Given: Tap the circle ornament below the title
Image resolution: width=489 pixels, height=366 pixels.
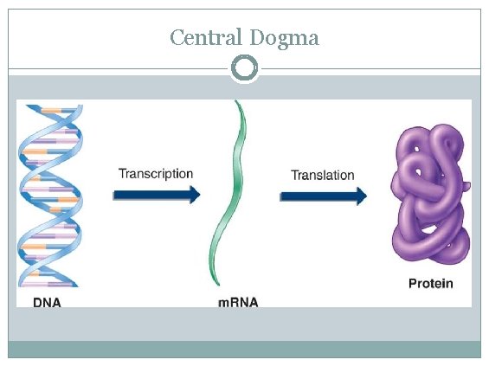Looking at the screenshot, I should point(245,67).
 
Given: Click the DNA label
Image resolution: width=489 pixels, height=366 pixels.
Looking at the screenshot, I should point(46,304).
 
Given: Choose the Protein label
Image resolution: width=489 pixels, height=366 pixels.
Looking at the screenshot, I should point(430,284).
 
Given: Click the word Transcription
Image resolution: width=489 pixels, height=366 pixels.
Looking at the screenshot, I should point(156,173).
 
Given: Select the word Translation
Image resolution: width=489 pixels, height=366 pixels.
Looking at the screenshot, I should point(322,175).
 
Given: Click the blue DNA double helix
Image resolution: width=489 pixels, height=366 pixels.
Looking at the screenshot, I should point(49,199).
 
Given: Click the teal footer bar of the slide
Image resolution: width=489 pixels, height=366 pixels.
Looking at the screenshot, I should point(244,349).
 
